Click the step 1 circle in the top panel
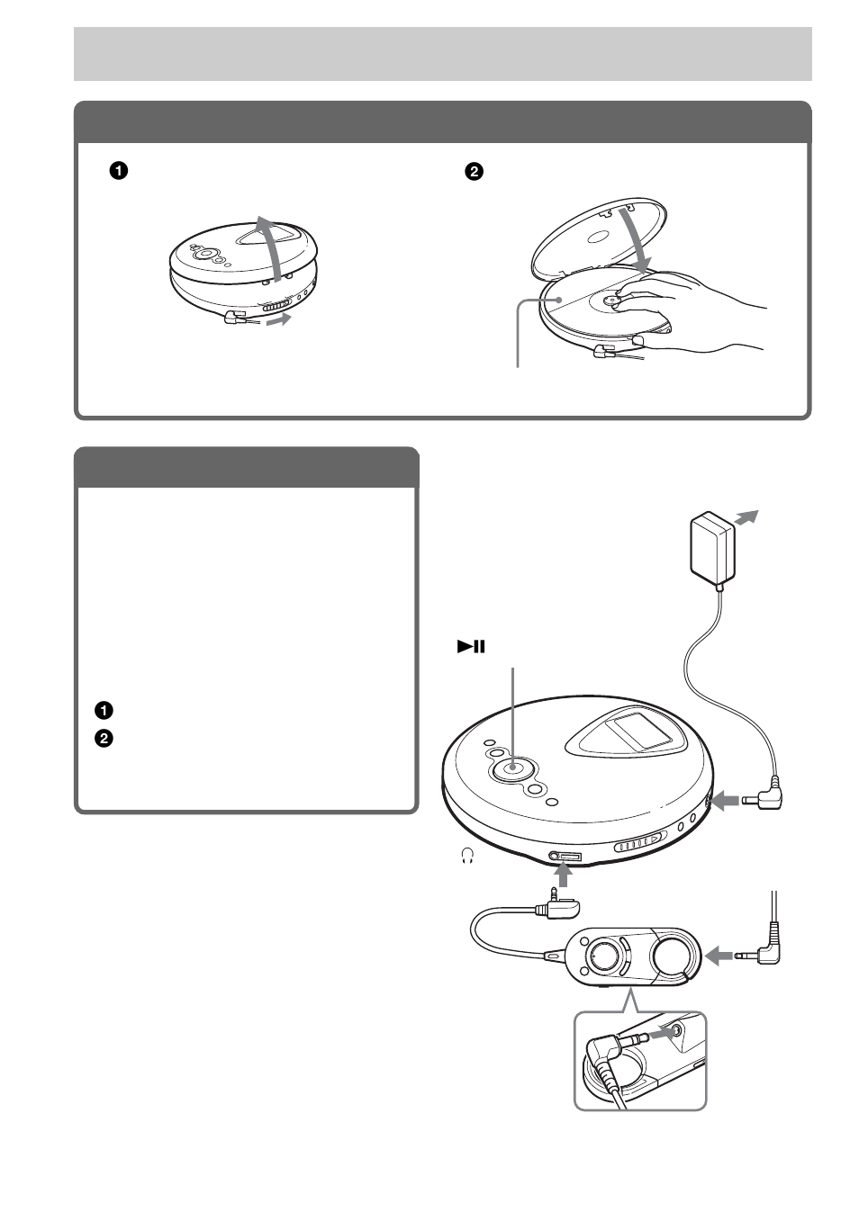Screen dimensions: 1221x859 (117, 170)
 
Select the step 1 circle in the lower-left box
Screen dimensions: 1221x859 (104, 709)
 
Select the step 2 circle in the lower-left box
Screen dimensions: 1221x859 (104, 738)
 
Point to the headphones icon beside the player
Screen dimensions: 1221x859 (466, 858)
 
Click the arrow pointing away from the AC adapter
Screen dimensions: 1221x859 (746, 517)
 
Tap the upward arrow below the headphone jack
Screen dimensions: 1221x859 (565, 874)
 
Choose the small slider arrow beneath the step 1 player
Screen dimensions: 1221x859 (280, 319)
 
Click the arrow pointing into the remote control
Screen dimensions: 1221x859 (719, 956)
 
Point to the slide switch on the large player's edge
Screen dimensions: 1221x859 (641, 844)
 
